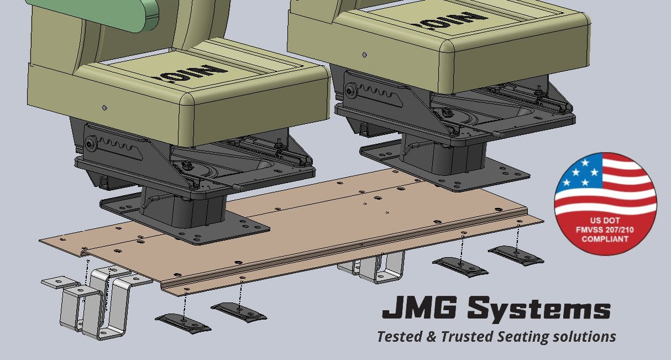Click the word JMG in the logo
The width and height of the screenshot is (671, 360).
click(418, 310)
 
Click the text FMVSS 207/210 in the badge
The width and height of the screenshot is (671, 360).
click(605, 231)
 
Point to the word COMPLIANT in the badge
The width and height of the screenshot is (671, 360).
click(605, 239)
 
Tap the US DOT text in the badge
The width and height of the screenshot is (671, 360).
click(605, 222)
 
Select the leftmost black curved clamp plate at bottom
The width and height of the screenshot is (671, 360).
click(182, 322)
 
